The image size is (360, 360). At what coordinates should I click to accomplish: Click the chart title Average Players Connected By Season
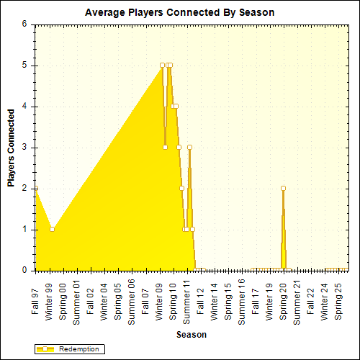click(179, 12)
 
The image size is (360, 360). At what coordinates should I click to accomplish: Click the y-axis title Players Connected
click(12, 148)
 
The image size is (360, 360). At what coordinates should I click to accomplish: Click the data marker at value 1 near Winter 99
click(52, 229)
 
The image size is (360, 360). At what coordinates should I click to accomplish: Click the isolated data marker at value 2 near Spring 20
click(283, 188)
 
